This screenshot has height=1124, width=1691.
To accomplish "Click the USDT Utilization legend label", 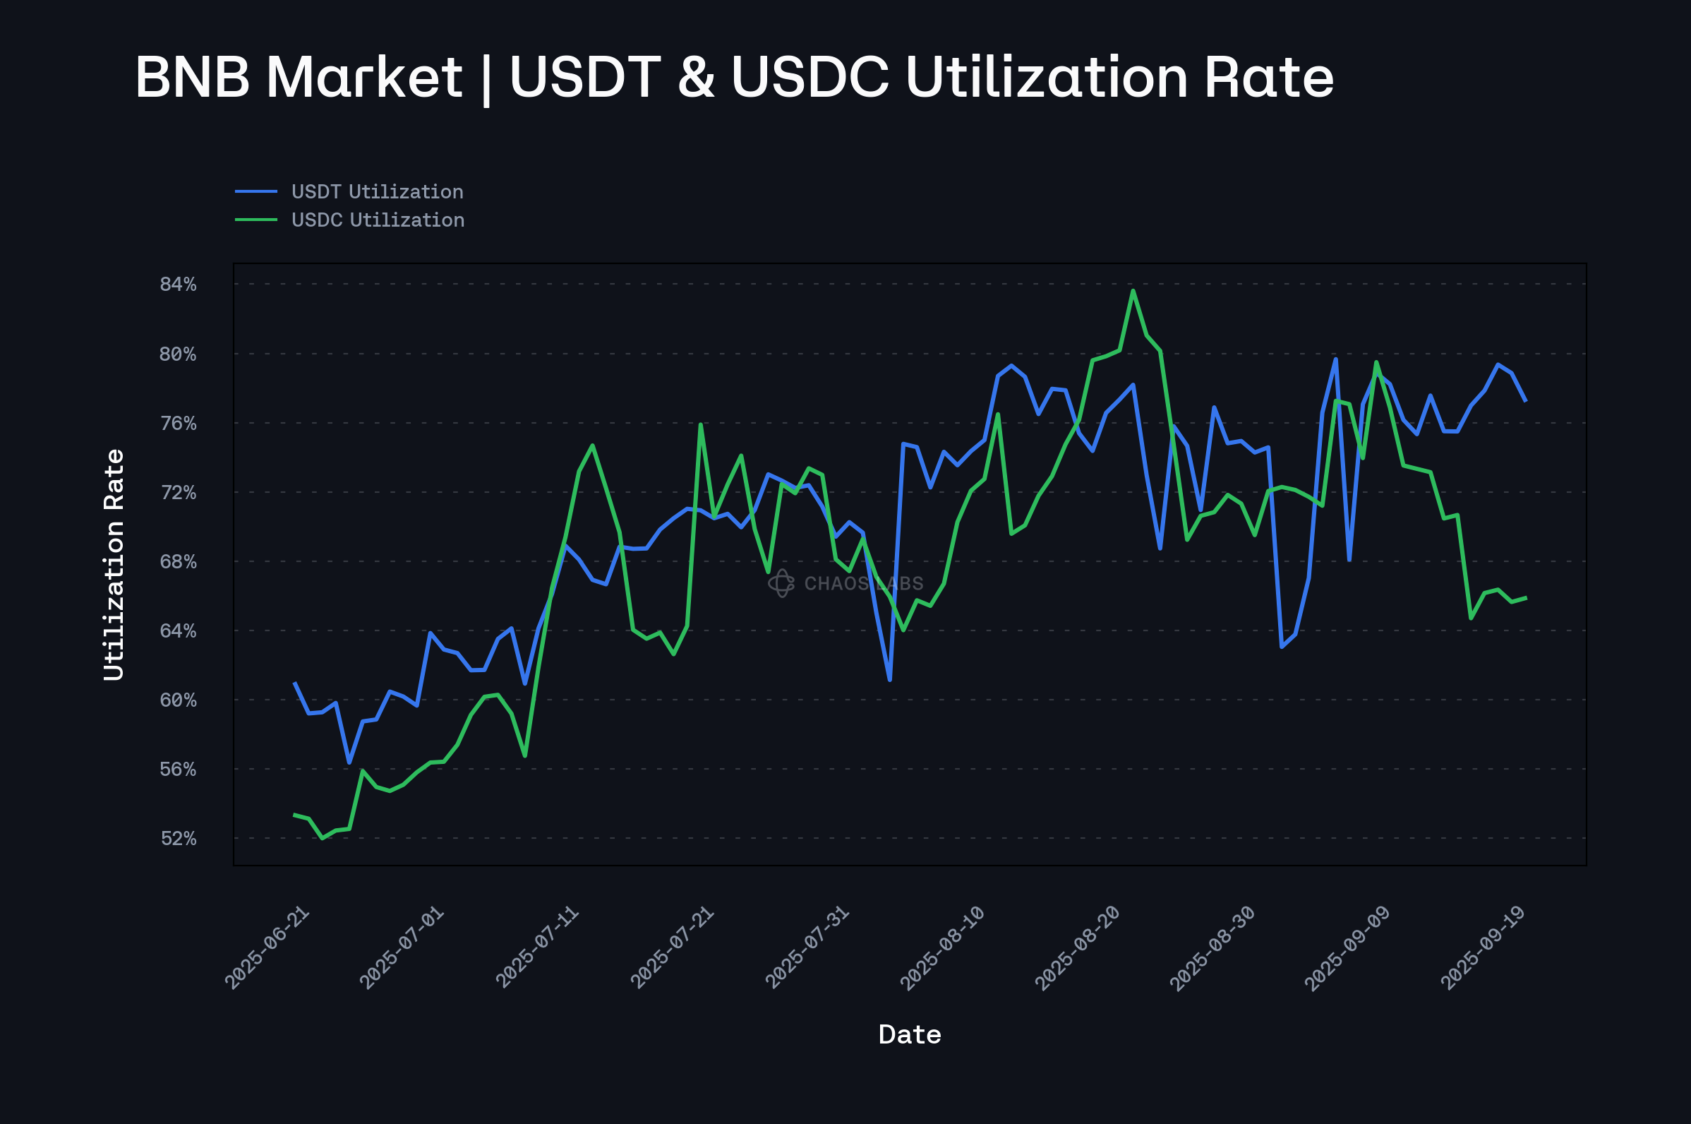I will tap(377, 191).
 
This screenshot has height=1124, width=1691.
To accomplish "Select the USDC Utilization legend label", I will tap(378, 220).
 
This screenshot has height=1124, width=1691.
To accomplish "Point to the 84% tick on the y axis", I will tap(178, 284).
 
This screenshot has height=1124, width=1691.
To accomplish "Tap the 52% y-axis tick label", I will tap(178, 838).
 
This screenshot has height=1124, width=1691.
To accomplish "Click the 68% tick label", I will tap(178, 561).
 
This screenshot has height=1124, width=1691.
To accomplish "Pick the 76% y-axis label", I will tap(178, 423).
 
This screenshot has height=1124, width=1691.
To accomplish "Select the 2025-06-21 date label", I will tap(267, 947).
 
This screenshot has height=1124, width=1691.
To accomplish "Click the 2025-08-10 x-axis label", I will tap(941, 947).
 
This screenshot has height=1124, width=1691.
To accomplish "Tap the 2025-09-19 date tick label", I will tap(1482, 947).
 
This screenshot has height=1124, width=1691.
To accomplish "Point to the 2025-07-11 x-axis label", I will tap(536, 947).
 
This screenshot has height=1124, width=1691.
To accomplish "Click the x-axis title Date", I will tap(909, 1034).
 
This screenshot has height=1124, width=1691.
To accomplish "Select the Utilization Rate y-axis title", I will tap(114, 564).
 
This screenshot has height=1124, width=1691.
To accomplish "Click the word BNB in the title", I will tap(192, 78).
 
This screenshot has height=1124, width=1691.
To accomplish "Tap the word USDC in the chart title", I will tap(810, 78).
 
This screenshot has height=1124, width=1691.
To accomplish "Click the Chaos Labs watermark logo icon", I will tap(781, 582).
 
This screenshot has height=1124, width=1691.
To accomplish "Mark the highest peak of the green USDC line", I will tap(1133, 290).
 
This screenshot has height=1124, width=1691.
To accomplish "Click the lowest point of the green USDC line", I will tap(322, 838).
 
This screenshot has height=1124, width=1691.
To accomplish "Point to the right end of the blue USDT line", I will tap(1525, 401).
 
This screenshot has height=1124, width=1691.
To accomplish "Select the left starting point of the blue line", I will tap(294, 683).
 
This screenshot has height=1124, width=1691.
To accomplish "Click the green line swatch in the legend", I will tap(255, 220).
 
